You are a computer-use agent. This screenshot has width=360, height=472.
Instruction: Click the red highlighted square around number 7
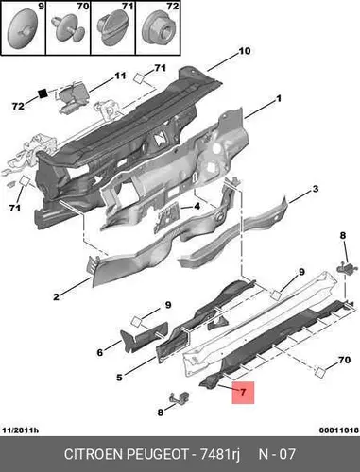click(243, 393)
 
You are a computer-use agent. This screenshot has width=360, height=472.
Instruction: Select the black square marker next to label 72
click(43, 93)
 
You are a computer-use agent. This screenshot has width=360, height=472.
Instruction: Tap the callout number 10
click(244, 51)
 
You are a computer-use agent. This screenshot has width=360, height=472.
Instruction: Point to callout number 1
click(278, 99)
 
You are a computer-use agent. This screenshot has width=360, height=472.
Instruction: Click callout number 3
click(315, 189)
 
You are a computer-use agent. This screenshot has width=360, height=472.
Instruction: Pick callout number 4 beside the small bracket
click(197, 207)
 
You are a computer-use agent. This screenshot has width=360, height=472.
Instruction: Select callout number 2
click(56, 296)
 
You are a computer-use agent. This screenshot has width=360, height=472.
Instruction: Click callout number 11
click(120, 76)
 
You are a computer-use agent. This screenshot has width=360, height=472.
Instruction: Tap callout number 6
click(100, 352)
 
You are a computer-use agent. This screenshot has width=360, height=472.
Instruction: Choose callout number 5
click(119, 377)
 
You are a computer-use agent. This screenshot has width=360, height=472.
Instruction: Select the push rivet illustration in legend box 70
click(68, 29)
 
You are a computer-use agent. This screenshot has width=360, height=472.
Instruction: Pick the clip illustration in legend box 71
click(112, 28)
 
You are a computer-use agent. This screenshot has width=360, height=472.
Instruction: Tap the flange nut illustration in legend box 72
click(158, 27)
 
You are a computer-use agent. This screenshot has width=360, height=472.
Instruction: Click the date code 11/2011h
click(20, 430)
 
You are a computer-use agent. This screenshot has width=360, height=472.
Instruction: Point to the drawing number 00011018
click(339, 430)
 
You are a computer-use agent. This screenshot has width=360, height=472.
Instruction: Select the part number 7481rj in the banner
click(219, 455)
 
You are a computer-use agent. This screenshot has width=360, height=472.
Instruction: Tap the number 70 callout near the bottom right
click(344, 360)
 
